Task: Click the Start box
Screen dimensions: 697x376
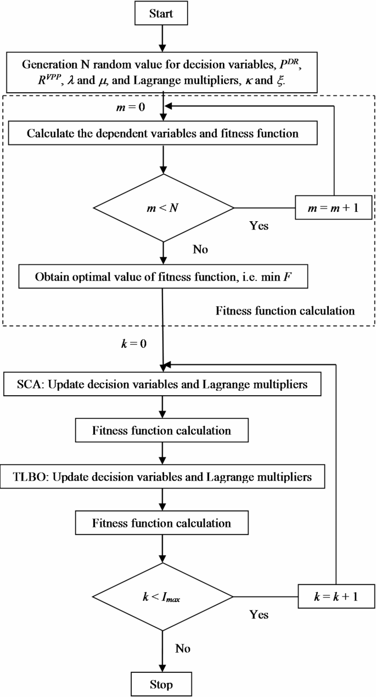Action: (x=161, y=13)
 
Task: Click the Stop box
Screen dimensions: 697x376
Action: (x=161, y=684)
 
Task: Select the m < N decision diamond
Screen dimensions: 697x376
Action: (x=164, y=208)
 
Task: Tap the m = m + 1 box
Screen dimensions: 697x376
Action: (x=333, y=208)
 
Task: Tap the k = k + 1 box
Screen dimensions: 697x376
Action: (x=336, y=596)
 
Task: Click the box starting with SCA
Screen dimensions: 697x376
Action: (x=164, y=384)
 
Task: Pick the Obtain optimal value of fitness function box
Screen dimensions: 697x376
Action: (x=164, y=277)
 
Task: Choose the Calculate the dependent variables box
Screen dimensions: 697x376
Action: (x=164, y=133)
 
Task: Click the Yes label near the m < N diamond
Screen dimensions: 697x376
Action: (x=259, y=226)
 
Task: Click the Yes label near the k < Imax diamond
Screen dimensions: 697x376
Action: (x=259, y=615)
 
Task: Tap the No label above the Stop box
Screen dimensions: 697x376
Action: (x=183, y=648)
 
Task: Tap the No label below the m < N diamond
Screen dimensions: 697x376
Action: (x=200, y=249)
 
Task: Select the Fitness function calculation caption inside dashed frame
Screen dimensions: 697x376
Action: (x=285, y=311)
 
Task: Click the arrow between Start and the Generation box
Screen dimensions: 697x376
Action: (x=161, y=37)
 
